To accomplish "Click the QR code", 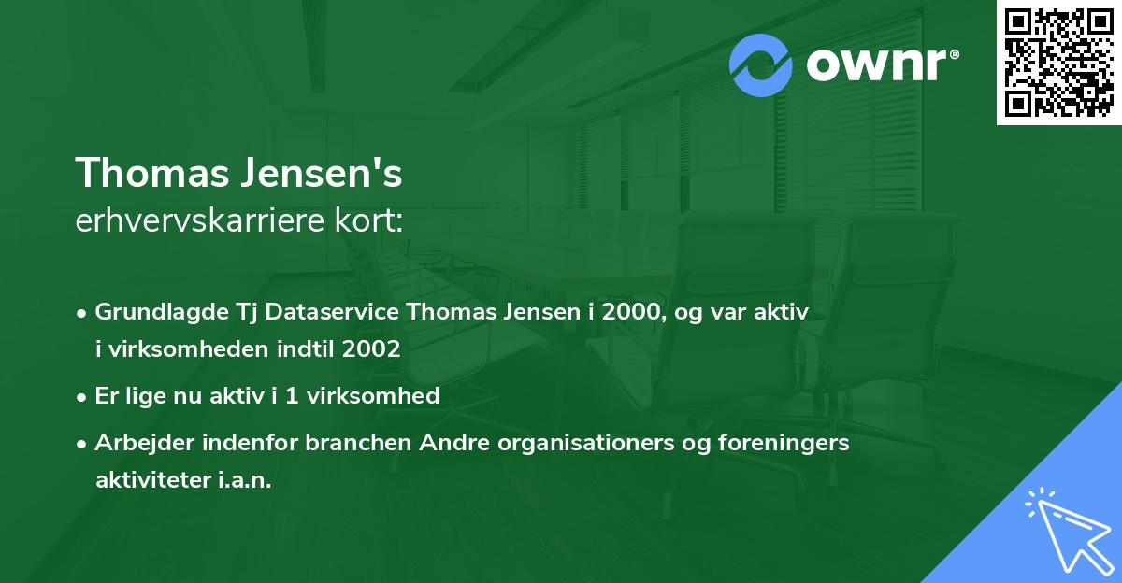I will (1059, 62).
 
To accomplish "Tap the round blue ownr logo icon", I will (761, 64).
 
